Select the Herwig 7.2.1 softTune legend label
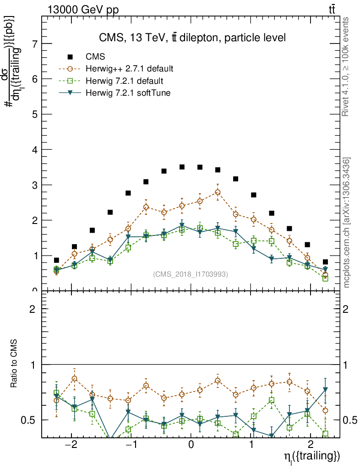click(128, 93)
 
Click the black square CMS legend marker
click(70, 57)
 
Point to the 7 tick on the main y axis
click(34, 44)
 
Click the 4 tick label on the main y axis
click(34, 150)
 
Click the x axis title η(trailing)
click(311, 457)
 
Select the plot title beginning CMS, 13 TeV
click(192, 38)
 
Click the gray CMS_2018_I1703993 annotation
click(191, 274)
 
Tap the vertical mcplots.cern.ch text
click(347, 223)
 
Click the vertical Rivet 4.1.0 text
click(347, 67)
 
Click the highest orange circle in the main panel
click(218, 192)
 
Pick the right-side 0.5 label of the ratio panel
click(349, 420)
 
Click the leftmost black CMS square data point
click(56, 260)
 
